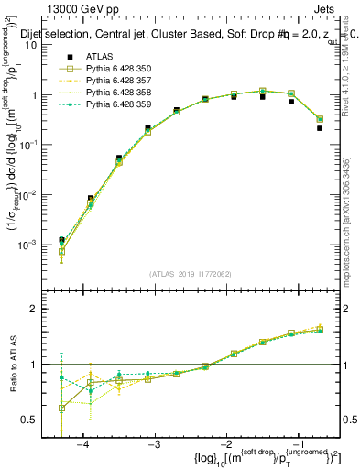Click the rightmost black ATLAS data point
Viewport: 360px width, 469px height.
320,128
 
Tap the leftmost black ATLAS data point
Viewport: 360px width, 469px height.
61,240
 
